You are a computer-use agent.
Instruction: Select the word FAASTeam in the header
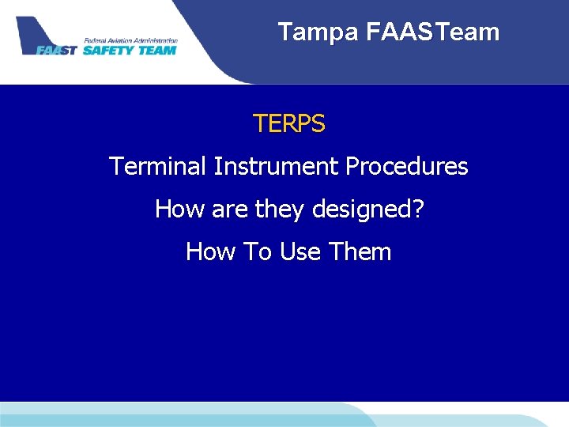(433, 32)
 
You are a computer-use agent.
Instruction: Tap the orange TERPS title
(288, 124)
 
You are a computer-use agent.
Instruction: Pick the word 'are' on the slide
(229, 210)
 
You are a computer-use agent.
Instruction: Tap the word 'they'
(278, 210)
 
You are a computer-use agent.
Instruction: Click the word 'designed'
(360, 210)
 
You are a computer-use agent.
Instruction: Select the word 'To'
(257, 252)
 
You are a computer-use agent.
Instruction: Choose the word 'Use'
(300, 252)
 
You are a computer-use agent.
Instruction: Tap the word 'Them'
(360, 252)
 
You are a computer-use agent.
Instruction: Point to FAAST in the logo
(58, 50)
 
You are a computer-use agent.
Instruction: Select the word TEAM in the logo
(157, 50)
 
